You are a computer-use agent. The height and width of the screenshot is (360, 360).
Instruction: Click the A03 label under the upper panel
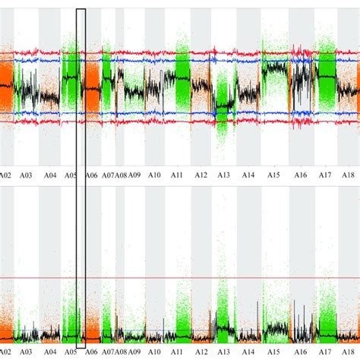pos(27,175)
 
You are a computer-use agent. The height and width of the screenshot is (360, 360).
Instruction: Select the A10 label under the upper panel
pos(154,175)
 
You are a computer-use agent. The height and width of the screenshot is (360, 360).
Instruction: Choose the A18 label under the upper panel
pos(349,175)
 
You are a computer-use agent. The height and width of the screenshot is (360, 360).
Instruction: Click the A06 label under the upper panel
pos(91,175)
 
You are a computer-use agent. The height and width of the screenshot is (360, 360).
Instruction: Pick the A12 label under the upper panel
pos(201,175)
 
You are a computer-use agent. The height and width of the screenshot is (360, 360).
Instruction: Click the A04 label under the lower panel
pos(49,352)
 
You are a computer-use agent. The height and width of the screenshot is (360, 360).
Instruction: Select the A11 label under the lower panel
pos(177,352)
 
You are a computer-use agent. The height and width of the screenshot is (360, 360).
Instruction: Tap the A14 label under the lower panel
pos(248,352)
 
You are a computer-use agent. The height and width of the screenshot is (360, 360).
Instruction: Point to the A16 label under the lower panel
pos(301,352)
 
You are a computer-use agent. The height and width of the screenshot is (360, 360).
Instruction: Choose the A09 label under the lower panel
pos(134,352)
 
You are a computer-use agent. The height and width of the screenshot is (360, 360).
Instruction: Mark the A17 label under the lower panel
pos(325,352)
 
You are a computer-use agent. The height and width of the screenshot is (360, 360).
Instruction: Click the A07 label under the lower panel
pos(109,352)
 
